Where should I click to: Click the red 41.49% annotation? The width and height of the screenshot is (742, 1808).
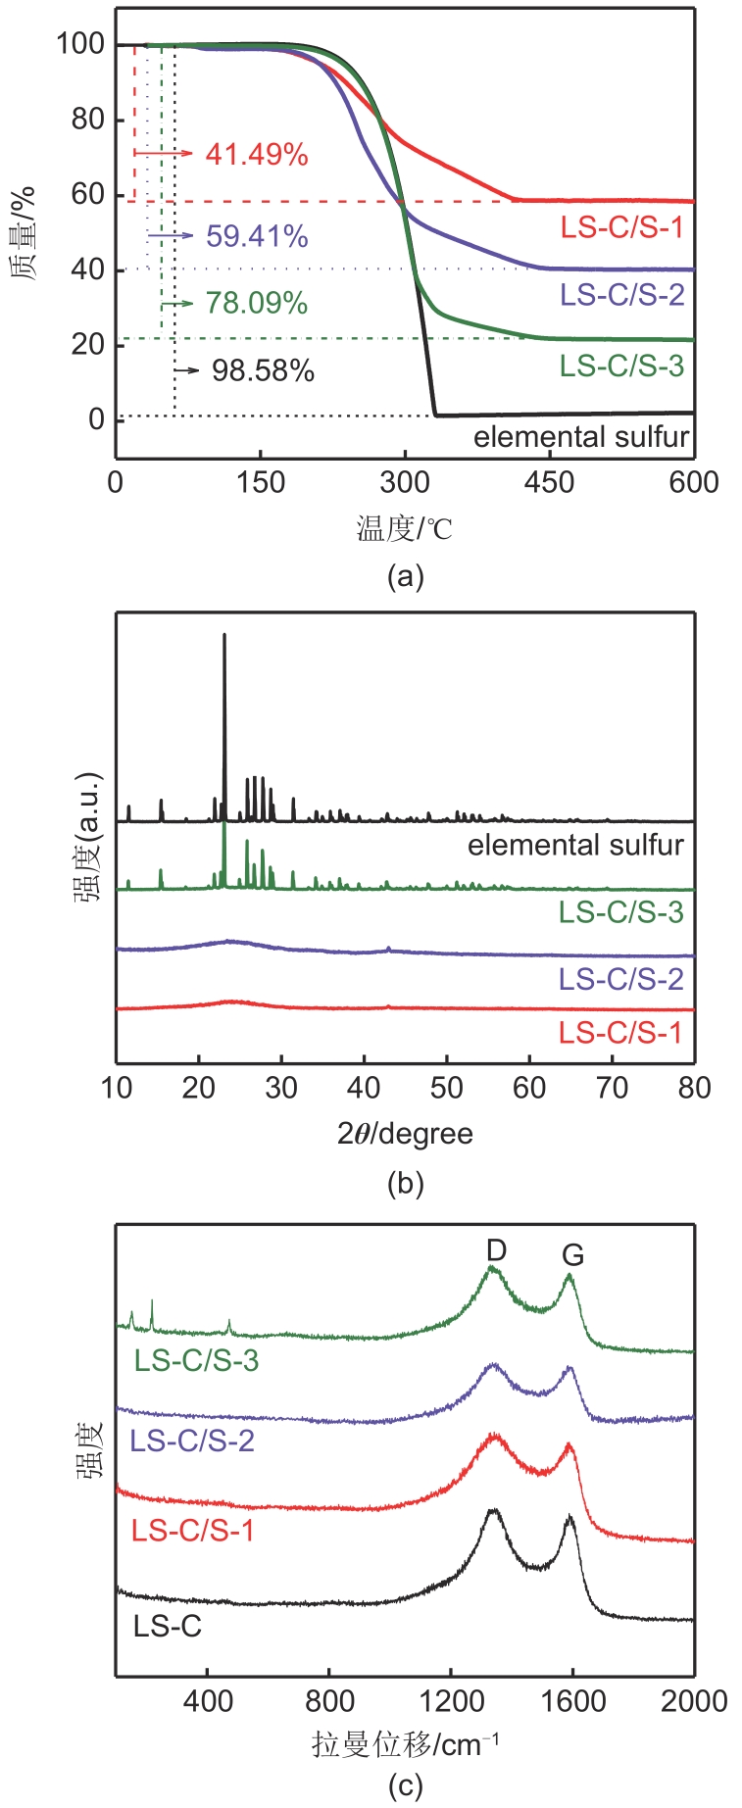257,154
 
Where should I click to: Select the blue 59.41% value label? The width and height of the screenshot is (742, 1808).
257,236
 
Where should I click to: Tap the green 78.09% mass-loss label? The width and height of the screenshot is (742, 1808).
257,303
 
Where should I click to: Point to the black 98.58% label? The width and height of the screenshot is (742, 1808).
263,370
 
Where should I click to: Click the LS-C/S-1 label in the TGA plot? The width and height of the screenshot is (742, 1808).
621,228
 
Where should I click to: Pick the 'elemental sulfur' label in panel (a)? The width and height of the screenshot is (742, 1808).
581,436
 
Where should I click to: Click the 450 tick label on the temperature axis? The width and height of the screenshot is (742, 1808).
550,482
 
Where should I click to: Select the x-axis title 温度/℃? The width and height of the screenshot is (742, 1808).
404,529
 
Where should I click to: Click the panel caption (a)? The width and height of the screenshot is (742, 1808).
405,575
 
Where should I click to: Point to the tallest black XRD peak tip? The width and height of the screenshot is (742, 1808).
224,635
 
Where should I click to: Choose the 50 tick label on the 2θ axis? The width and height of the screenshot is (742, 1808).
447,1088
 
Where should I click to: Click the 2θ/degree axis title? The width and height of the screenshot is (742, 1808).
405,1134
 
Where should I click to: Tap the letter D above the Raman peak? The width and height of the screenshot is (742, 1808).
496,1249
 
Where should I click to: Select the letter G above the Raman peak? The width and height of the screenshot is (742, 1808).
572,1255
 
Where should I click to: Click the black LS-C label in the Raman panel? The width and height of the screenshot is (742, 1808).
168,1627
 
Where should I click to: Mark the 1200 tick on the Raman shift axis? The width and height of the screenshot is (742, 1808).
450,1700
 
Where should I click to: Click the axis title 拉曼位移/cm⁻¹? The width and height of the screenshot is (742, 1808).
405,1744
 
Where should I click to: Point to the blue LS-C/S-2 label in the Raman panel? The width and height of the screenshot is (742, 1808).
192,1441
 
